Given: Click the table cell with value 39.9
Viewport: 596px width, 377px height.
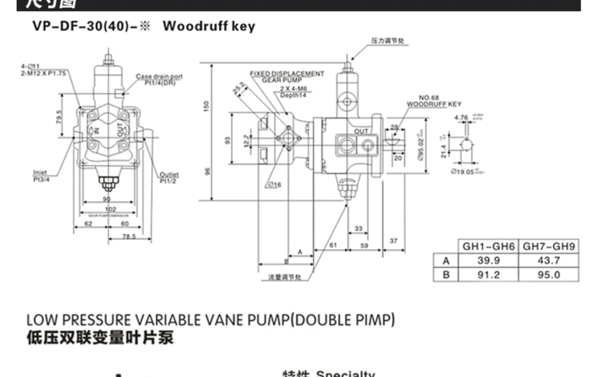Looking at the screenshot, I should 488,261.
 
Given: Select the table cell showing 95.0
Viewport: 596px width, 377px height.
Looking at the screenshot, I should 548,275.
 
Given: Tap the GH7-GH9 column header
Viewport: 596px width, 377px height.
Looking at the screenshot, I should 548,247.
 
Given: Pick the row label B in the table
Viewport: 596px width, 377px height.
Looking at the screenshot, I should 446,275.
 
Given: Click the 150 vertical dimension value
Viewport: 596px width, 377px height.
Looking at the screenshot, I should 206,106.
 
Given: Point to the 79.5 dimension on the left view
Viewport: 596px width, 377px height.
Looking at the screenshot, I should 59,118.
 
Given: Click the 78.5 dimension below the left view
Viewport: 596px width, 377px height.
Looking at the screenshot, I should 129,236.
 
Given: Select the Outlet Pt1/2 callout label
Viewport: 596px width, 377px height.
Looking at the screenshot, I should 169,178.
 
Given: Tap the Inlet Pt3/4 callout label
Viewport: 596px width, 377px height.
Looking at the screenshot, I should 41,176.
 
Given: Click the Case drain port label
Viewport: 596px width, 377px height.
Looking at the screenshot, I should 159,79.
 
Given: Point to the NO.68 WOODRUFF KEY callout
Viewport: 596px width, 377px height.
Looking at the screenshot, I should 434,101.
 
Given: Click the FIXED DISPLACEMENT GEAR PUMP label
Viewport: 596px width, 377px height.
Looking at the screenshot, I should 287,77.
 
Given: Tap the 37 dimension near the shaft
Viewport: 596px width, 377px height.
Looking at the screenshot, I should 393,241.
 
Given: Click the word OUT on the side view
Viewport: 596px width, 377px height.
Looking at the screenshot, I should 361,131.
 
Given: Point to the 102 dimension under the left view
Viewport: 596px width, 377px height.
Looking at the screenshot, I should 111,209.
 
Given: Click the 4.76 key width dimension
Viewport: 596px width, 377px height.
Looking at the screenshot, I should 461,118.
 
